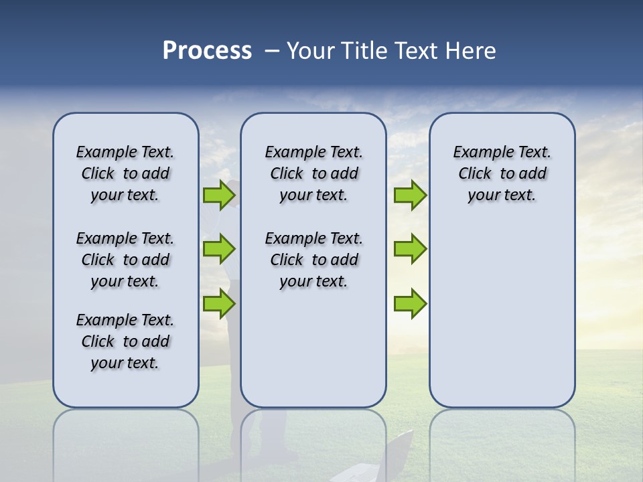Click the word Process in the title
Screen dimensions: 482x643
tap(207, 51)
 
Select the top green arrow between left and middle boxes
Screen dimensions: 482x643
tap(219, 195)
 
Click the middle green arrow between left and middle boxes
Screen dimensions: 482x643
tap(219, 249)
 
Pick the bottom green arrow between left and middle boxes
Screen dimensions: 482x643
tap(219, 303)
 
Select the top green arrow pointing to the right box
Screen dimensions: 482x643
tap(410, 195)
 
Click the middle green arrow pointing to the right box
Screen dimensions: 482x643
tap(410, 249)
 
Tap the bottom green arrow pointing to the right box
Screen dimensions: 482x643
tap(410, 303)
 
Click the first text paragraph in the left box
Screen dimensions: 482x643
tap(125, 173)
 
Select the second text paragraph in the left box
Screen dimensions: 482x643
tap(125, 260)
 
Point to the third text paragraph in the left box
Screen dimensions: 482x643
tap(125, 341)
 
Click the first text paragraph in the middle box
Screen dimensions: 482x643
tap(313, 173)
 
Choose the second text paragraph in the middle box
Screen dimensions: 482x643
tap(313, 260)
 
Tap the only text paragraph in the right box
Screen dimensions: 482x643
tap(502, 173)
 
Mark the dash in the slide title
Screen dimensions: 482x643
tap(272, 51)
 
